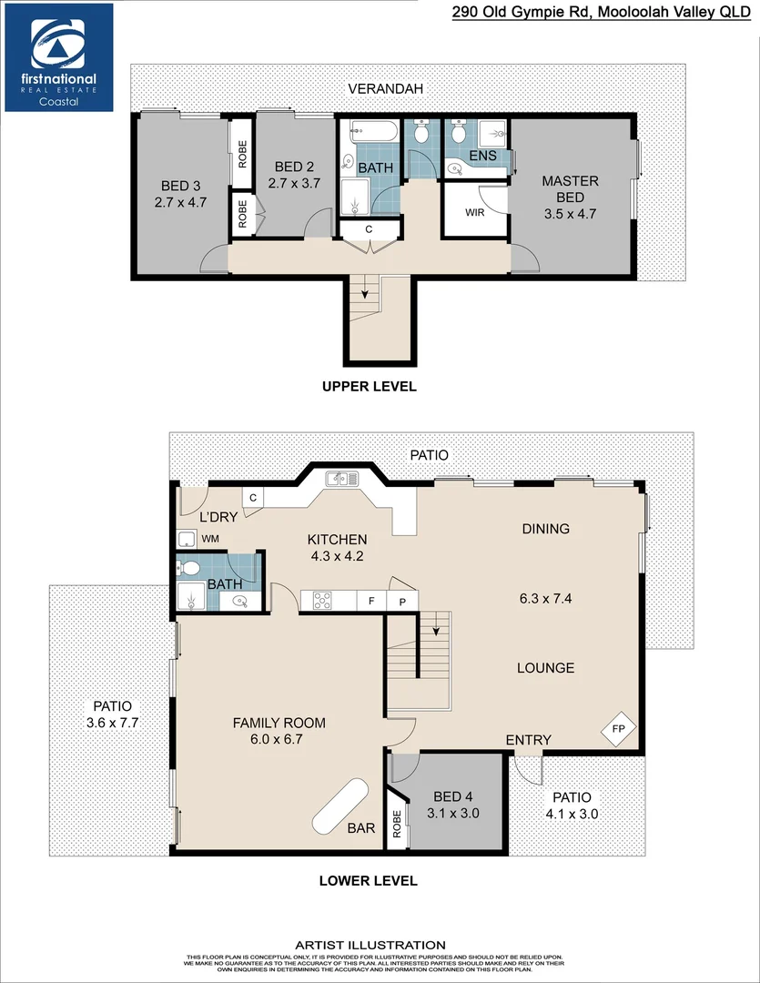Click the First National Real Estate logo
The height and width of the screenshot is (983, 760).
(59, 57)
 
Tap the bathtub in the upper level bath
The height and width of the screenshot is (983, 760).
(373, 132)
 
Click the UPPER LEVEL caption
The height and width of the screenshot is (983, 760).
(369, 386)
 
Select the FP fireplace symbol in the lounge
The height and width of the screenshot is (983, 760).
(619, 729)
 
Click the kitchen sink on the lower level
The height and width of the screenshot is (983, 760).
(344, 478)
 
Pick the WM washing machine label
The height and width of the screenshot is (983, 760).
(210, 539)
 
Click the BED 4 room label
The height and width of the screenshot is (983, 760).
(446, 797)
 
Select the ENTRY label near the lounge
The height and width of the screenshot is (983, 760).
(528, 740)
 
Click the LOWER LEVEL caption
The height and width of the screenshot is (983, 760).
(368, 880)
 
